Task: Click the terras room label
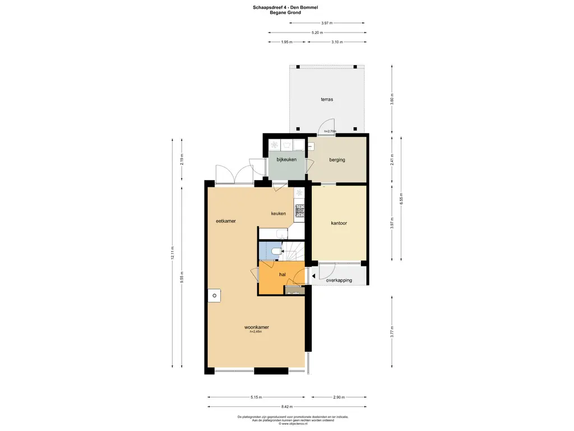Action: point(327,99)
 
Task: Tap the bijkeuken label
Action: point(286,160)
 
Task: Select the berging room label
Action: point(337,160)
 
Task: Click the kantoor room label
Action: point(339,223)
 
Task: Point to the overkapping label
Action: point(339,280)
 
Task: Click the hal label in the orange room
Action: point(283,274)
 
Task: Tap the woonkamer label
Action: point(256,327)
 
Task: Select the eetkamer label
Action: point(226,221)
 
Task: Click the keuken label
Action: point(279,214)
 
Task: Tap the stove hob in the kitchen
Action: point(300,211)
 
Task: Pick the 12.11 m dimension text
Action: point(173,253)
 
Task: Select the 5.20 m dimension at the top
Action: point(317,33)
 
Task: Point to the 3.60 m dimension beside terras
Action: point(392,99)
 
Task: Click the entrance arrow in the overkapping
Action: point(313,275)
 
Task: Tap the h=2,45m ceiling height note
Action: point(256,332)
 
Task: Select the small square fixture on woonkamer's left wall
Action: point(214,295)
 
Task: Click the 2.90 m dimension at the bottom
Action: point(339,397)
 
